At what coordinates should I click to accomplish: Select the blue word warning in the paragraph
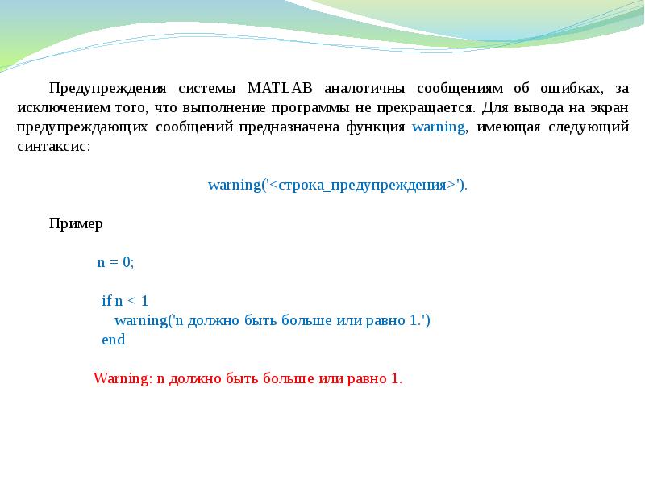click(x=438, y=127)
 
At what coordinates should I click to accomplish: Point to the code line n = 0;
click(x=115, y=262)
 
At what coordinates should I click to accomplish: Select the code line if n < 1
click(x=125, y=301)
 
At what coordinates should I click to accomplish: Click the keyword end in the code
click(x=113, y=340)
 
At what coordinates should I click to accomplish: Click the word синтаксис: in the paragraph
click(x=54, y=148)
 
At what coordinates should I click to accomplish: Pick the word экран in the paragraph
click(x=609, y=107)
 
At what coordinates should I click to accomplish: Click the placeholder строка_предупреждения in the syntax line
click(x=360, y=185)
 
